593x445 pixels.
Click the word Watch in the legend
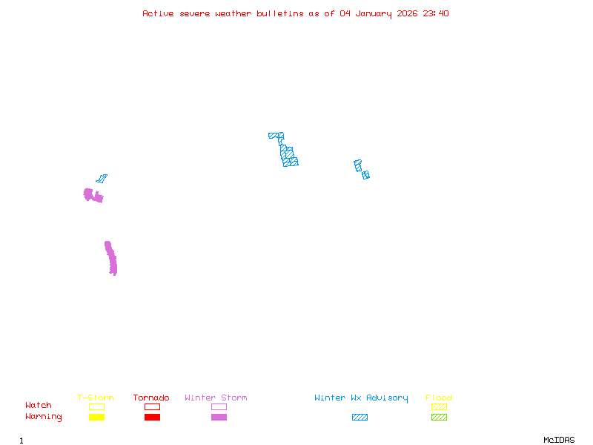tap(39, 406)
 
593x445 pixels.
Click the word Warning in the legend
tap(44, 417)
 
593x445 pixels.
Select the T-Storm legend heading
tap(96, 398)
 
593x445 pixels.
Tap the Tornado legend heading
tap(151, 398)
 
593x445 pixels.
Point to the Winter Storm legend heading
tap(216, 398)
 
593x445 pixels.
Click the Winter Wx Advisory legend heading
tap(361, 398)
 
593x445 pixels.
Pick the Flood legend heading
tap(439, 398)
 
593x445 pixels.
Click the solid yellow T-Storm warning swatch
tap(96, 417)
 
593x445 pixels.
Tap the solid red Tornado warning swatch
tap(152, 417)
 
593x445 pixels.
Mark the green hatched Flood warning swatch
tap(439, 417)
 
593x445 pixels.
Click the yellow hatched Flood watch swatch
tap(439, 406)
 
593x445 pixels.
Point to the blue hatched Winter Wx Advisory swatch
tap(360, 417)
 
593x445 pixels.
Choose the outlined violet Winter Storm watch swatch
tap(219, 406)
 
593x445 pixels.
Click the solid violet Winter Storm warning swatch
tap(219, 417)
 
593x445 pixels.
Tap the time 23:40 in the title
tap(436, 13)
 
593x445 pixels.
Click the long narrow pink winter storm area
tap(111, 258)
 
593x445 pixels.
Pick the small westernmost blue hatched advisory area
tap(102, 179)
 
